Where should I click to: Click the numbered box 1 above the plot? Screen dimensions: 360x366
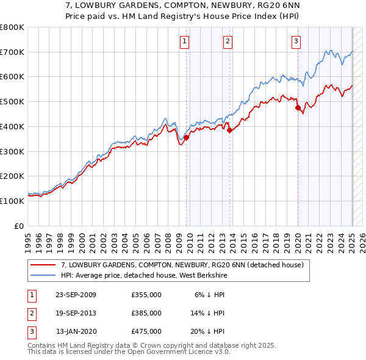[184, 41]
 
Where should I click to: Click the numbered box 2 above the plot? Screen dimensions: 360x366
[227, 41]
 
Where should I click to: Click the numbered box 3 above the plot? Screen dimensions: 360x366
[296, 41]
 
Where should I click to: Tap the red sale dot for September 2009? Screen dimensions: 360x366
[186, 138]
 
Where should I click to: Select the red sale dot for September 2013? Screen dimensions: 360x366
[229, 130]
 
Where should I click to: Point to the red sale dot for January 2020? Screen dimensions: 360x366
[298, 108]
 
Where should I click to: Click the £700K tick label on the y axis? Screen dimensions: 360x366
[12, 52]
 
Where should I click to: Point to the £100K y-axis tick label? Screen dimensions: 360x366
[12, 201]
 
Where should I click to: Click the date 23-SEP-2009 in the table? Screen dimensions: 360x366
[76, 295]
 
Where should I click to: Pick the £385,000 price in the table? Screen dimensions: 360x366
[146, 313]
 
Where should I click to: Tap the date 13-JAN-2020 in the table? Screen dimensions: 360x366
[76, 331]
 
